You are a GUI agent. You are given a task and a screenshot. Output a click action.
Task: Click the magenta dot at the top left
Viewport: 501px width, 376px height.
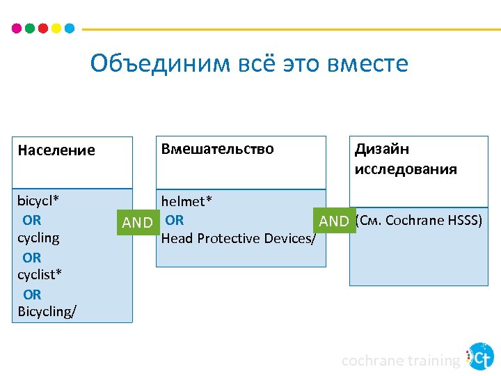(x=17, y=29)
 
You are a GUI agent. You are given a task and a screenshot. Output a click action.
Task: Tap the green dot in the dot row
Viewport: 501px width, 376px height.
(x=29, y=29)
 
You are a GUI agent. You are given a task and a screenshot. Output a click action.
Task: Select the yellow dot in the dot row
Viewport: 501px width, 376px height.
(x=56, y=29)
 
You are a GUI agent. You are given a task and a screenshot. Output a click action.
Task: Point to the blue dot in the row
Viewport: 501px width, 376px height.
(x=69, y=29)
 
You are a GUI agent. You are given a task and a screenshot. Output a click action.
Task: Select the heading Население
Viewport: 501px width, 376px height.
(x=56, y=150)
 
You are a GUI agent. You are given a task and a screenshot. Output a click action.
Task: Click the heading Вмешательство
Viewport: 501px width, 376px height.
(x=218, y=149)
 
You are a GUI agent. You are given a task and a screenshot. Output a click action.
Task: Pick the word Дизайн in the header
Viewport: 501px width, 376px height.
(x=382, y=149)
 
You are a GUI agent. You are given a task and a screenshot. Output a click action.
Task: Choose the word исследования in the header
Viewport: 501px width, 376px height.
(x=406, y=169)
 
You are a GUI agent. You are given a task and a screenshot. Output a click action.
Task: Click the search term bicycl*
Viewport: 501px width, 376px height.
(x=38, y=201)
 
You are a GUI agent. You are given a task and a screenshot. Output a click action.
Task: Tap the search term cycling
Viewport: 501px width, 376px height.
(x=38, y=238)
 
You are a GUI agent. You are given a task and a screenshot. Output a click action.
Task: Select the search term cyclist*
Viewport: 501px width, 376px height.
(x=40, y=274)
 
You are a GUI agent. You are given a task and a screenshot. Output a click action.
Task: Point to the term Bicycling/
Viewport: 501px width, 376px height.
(x=47, y=311)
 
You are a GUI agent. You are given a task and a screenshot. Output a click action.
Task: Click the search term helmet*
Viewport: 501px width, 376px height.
(x=187, y=201)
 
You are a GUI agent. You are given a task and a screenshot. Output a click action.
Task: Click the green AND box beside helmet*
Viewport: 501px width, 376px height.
(x=137, y=222)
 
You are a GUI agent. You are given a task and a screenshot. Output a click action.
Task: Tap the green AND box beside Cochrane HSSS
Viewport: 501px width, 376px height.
(x=334, y=221)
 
